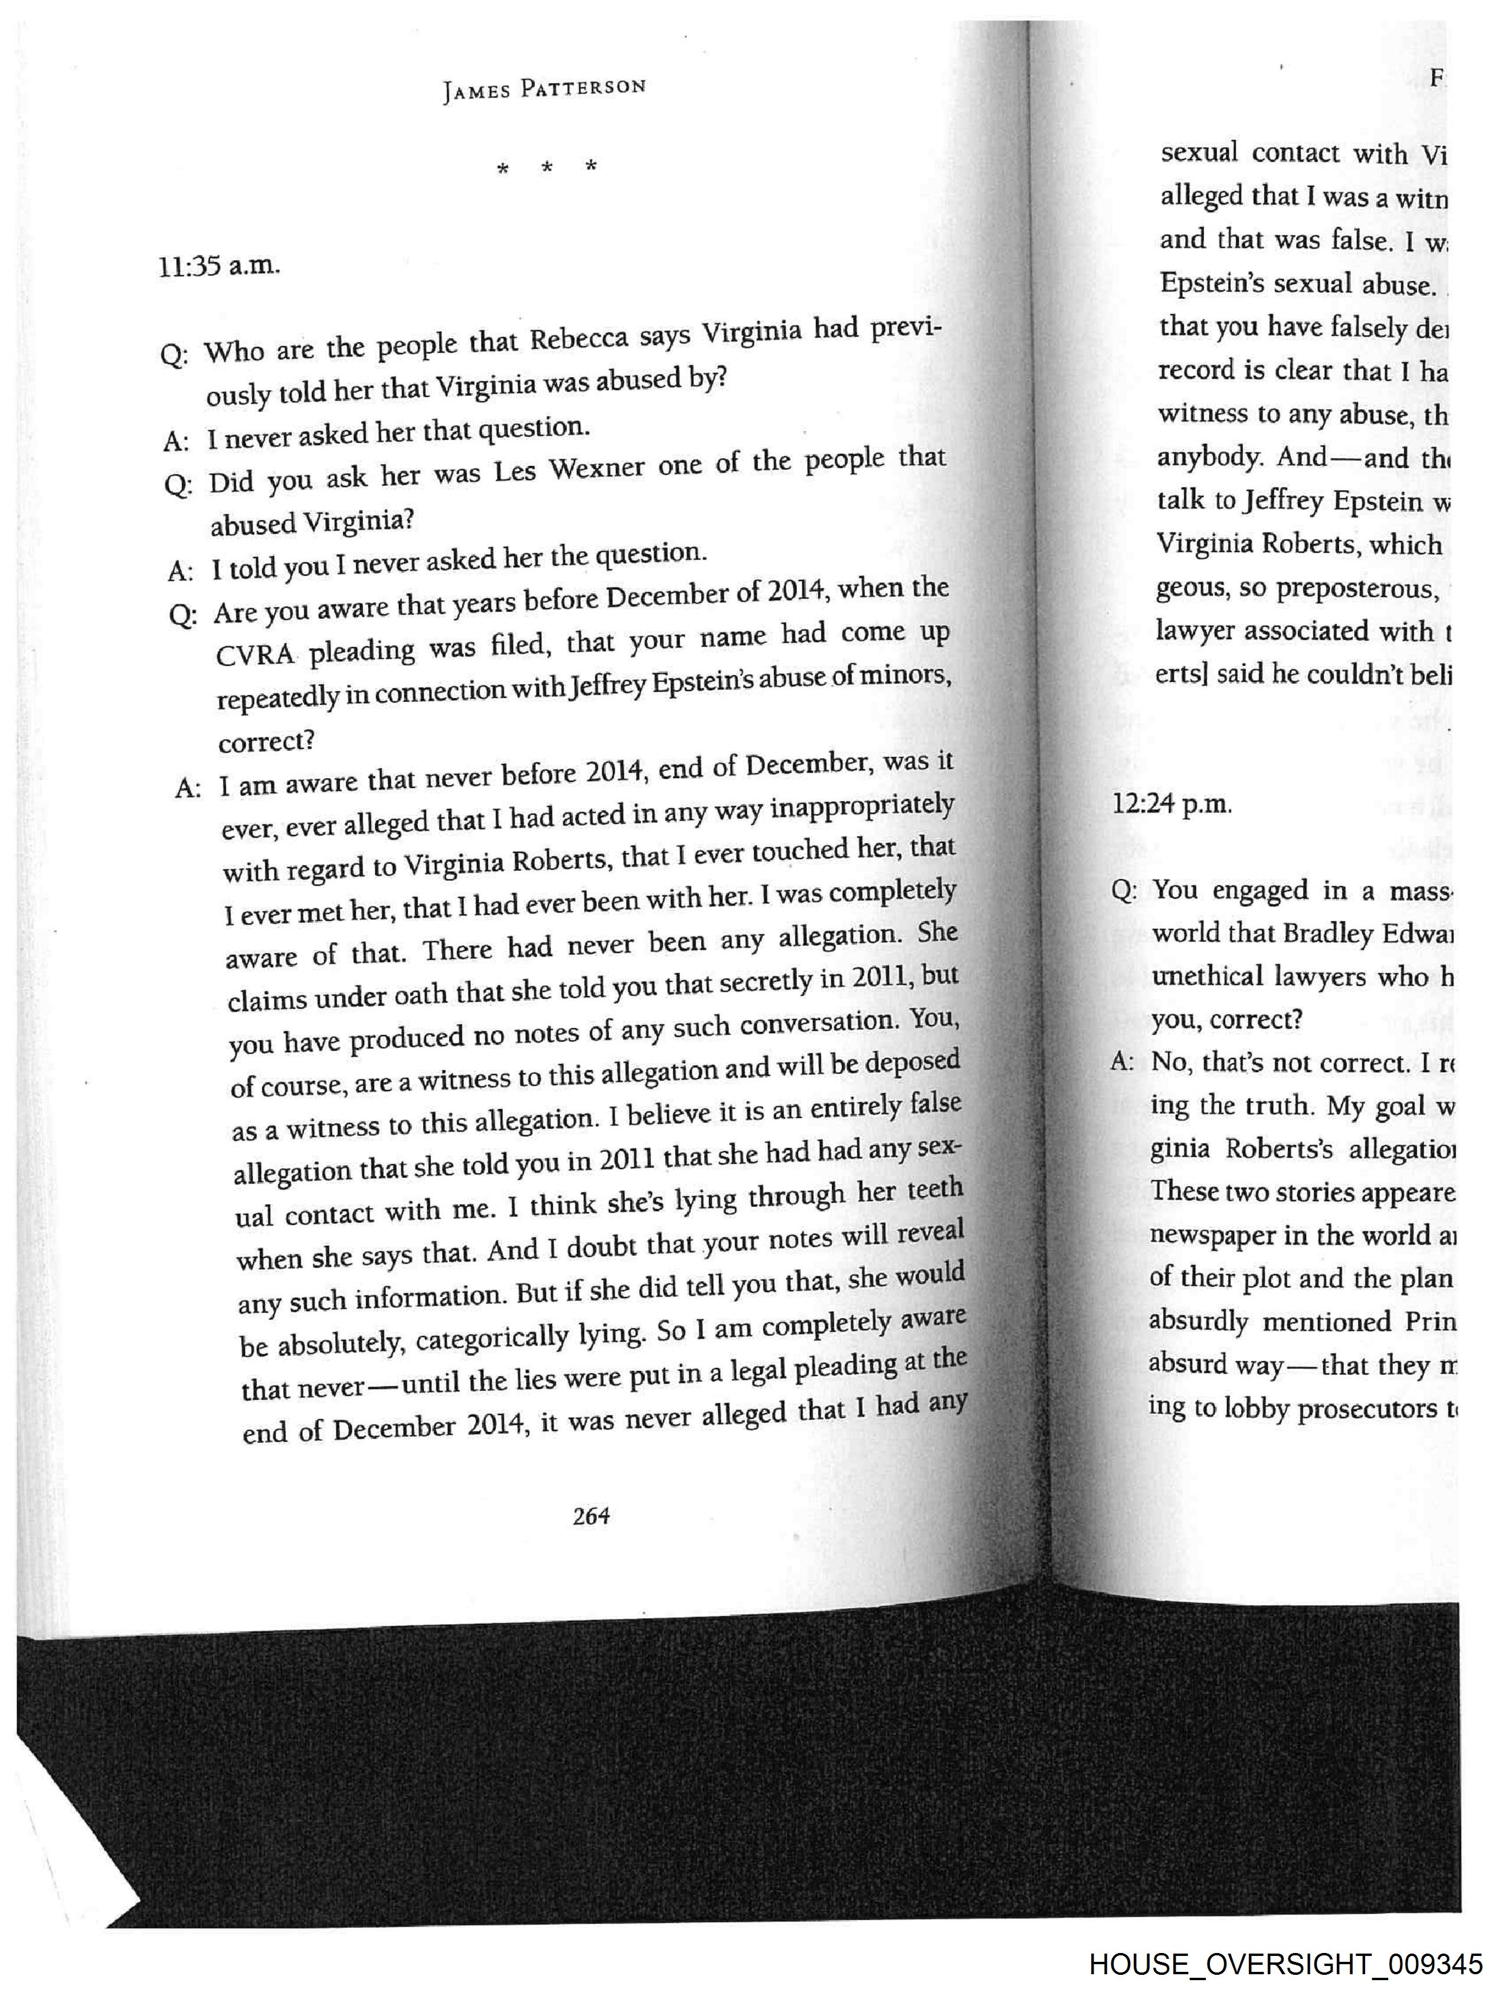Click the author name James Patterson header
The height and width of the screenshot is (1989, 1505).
[x=544, y=88]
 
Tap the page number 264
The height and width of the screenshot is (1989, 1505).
[x=591, y=1516]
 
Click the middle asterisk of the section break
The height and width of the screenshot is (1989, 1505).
[x=547, y=167]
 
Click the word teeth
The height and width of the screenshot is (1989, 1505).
[x=935, y=1190]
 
